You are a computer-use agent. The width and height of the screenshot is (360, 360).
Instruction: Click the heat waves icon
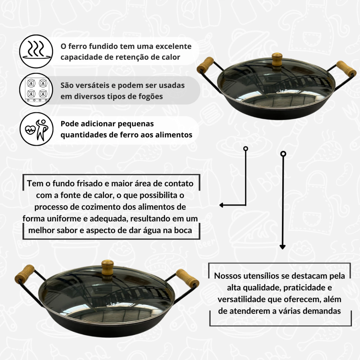[36, 51]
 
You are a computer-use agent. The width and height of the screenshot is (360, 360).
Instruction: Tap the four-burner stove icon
[36, 90]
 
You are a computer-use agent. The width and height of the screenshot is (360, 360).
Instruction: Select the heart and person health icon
[36, 129]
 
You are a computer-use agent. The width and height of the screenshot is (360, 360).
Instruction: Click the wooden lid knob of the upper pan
[277, 60]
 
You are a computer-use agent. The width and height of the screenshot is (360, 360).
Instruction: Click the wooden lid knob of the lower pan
[108, 267]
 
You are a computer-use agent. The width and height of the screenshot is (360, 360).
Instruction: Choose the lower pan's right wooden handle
[187, 278]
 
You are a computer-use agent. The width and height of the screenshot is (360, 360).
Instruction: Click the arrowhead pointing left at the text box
[221, 205]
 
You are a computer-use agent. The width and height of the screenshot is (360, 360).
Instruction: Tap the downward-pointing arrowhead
[283, 247]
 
